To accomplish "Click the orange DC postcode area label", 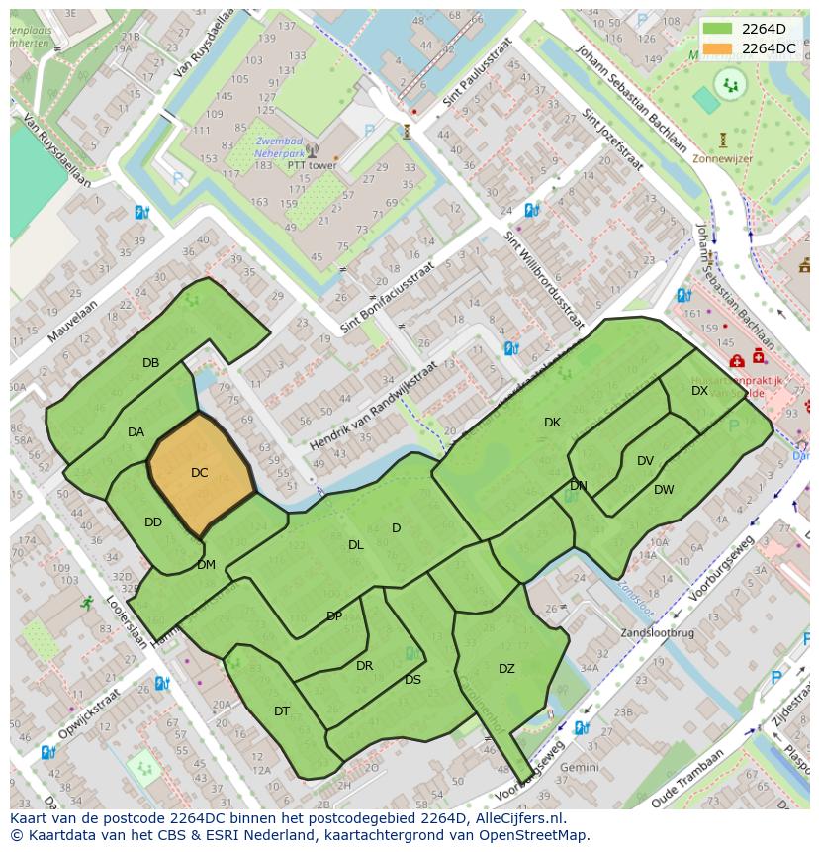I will point(199,473).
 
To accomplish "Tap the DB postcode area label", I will point(150,363).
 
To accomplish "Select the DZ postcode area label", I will point(506,669).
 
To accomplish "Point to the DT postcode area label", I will point(282,711).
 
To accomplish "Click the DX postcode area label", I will point(699,391).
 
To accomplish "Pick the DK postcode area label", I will point(552,423).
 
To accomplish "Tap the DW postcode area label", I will point(664,490).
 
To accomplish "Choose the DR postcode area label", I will point(364,666).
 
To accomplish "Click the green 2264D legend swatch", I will point(718,29).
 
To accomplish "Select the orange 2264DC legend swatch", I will point(718,48).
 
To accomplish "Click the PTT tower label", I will point(312,165).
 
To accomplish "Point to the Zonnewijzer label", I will point(722,156).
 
